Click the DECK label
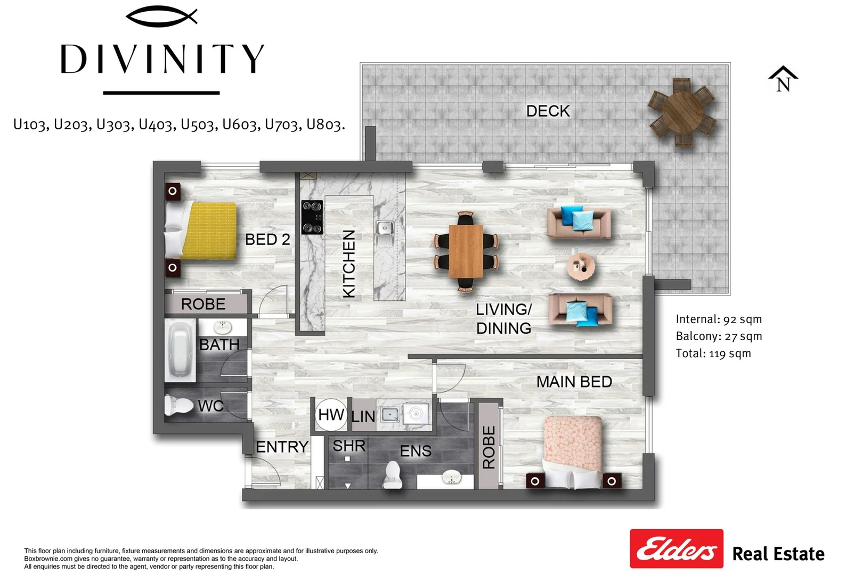click(x=548, y=111)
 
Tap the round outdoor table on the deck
click(x=682, y=112)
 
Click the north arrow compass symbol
click(x=783, y=79)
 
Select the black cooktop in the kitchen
click(x=312, y=217)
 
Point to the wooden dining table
click(x=466, y=251)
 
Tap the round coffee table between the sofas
click(x=581, y=266)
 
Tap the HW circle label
click(x=331, y=415)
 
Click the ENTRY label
click(x=282, y=447)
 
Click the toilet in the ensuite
click(x=393, y=475)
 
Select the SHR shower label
click(x=349, y=446)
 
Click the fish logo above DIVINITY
click(x=162, y=17)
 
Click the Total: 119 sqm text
click(x=713, y=354)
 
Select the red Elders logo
click(x=676, y=548)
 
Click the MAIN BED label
click(x=574, y=382)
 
